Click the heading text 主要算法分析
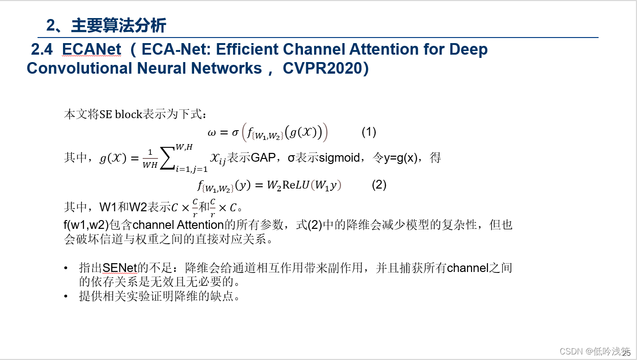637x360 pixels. [x=119, y=25]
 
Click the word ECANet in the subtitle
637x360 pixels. [x=91, y=49]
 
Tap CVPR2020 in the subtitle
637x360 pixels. [x=322, y=68]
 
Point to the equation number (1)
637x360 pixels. [x=369, y=132]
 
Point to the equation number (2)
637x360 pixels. [x=379, y=185]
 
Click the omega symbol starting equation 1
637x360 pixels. [x=212, y=133]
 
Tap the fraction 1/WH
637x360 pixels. [x=150, y=159]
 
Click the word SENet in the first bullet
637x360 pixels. [x=120, y=268]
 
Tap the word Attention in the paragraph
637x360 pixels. [x=201, y=225]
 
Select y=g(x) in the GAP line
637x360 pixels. [x=402, y=158]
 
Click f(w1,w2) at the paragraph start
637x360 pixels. [x=86, y=225]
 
